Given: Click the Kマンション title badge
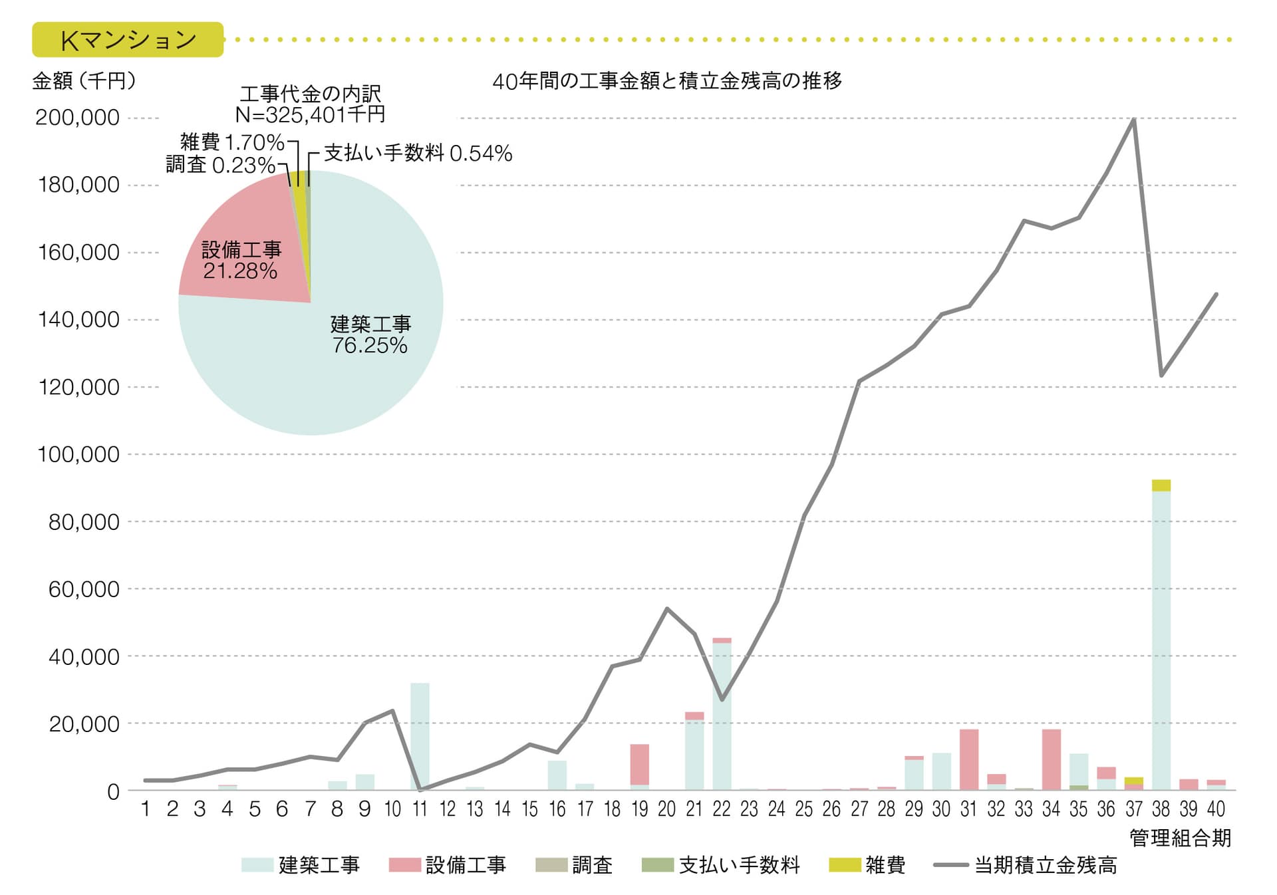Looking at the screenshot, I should pos(128,40).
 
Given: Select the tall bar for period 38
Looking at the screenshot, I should pos(1161,638).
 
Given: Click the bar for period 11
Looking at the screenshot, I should pos(420,736).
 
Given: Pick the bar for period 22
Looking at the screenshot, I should pos(722,715).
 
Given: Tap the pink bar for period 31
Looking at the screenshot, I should pos(968,759).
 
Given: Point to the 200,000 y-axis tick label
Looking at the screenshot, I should pos(77,118).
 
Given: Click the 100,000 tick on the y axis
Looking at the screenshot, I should pos(78,455).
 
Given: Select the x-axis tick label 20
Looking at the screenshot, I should pos(666,809).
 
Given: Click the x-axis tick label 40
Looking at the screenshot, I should pos(1216,809).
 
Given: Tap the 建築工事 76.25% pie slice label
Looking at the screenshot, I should pos(370,334).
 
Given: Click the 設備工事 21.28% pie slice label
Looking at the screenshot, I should pos(241,260).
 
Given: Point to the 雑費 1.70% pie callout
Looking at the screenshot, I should pos(232,142).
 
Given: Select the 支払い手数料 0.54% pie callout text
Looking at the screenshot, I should pos(418,154).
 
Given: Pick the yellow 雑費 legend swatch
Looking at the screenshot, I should pos(845,865).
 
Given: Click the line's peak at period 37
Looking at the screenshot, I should pos(1133,120).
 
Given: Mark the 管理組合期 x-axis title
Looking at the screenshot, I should pos(1180,838).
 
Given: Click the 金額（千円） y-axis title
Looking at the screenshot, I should pos(84,81).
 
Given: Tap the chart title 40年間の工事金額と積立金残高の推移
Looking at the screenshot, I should pos(667,81).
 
